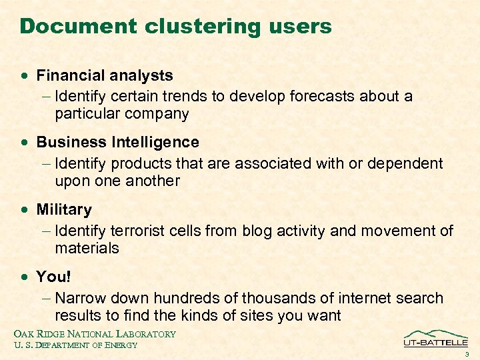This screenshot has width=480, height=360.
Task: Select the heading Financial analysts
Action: [105, 76]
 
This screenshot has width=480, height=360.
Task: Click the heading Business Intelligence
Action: [117, 143]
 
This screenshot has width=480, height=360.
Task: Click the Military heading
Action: [64, 210]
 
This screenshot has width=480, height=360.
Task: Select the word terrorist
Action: [141, 231]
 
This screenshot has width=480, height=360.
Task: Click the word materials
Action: [87, 249]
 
